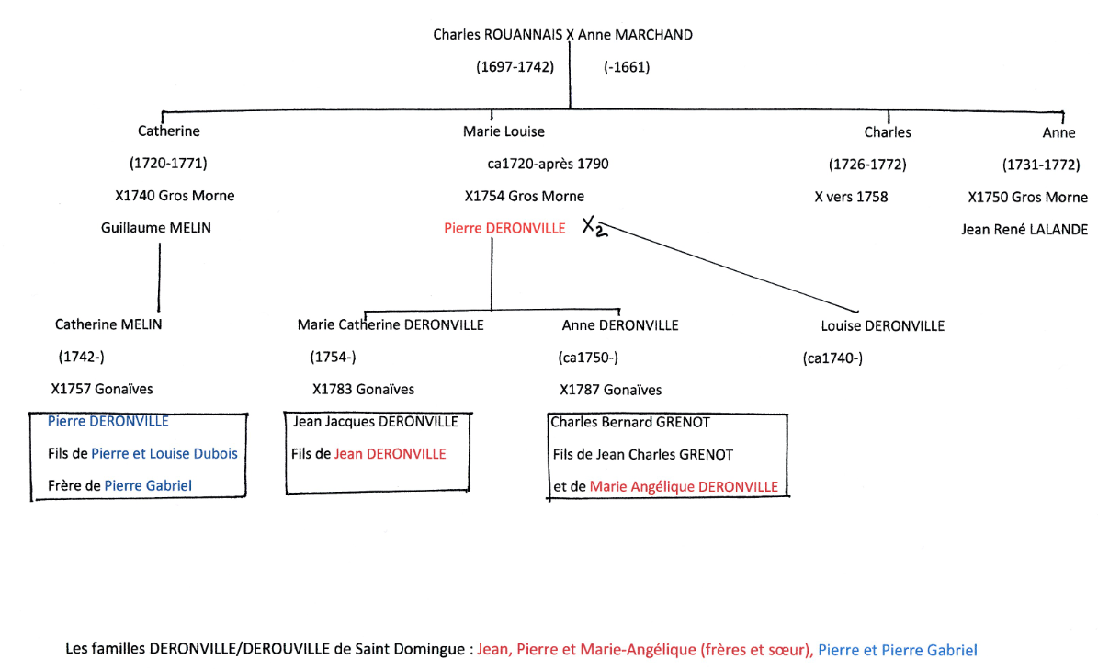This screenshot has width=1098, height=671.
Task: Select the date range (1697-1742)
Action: coord(515,67)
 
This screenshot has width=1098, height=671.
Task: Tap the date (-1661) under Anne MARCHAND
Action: coord(627,67)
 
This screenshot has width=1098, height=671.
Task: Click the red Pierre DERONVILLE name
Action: coord(504,228)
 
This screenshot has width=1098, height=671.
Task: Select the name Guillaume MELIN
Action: coord(155,227)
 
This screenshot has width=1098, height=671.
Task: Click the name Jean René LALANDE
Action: coord(1024,229)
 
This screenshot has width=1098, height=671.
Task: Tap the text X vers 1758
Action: coord(851,196)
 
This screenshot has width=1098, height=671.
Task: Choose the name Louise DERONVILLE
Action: coord(882,325)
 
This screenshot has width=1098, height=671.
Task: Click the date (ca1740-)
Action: coord(832,358)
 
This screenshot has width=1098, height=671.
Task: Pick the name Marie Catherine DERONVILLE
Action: coord(391,324)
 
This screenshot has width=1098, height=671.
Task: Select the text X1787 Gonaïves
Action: coord(610,390)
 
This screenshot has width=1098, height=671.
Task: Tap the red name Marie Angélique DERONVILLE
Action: coord(684,486)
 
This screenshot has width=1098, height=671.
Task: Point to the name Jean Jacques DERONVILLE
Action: coord(375,422)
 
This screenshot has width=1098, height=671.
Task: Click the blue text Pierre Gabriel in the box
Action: coord(148,485)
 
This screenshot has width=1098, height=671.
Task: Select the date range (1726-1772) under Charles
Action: coord(867,165)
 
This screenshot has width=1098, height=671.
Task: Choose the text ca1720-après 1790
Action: coord(548,165)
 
